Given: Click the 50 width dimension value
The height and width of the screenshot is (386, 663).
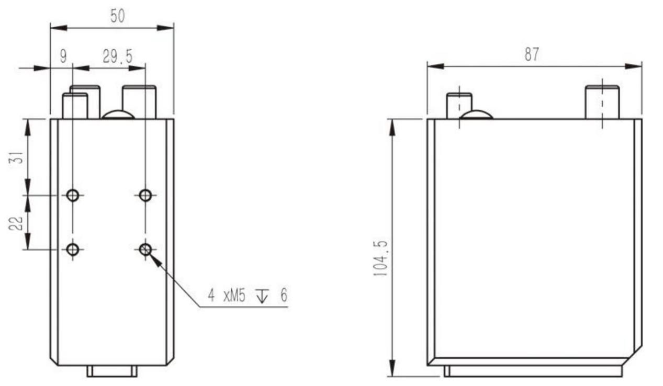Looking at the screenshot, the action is click(118, 16).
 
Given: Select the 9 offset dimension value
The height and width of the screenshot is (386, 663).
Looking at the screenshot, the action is click(63, 56).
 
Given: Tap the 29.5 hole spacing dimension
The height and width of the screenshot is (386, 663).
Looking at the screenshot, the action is click(118, 56).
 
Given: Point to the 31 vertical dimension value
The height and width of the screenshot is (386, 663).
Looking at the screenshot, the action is click(17, 157).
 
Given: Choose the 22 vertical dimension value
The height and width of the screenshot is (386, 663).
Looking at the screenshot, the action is click(16, 224).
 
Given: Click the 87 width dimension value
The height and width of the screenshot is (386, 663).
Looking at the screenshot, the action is click(532, 54).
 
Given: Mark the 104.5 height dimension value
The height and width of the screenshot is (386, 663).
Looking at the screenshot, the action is click(380, 258).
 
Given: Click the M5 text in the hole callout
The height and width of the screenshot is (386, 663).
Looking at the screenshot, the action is click(234, 296).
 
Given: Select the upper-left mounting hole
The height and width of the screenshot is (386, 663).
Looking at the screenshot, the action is click(73, 195).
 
